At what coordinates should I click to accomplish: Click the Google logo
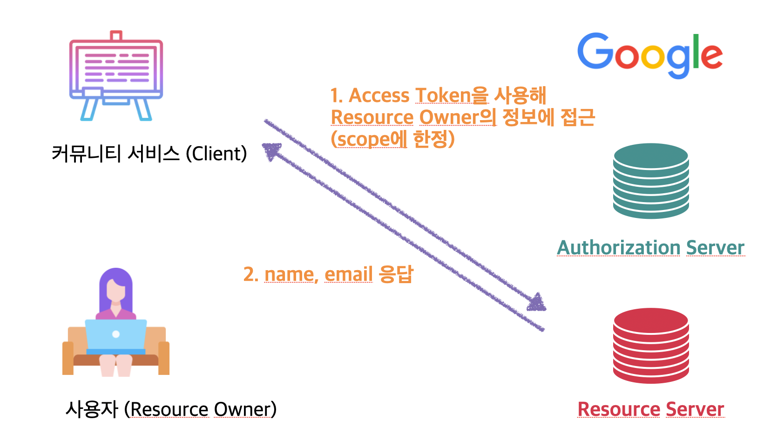click(650, 55)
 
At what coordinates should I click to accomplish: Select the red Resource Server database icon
click(651, 346)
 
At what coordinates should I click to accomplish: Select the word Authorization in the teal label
click(619, 248)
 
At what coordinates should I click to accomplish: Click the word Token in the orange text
click(443, 95)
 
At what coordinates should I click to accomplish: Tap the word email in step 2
click(349, 274)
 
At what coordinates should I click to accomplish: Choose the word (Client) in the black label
click(216, 154)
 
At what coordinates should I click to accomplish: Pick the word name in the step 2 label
click(291, 274)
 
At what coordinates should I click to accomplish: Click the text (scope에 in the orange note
click(369, 139)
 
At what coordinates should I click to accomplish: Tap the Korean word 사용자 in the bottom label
click(92, 409)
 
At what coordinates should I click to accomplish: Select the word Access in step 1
click(379, 95)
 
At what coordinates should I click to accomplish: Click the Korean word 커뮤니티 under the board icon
click(87, 154)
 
